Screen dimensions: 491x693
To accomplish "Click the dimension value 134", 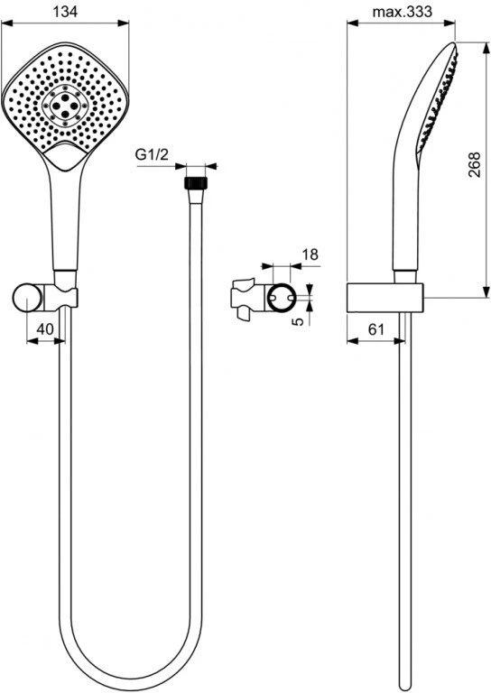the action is (x=65, y=12).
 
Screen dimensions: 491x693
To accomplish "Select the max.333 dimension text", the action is (x=403, y=12).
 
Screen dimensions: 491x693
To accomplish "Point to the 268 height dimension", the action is (x=474, y=165).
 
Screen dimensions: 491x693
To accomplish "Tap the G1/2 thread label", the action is (x=152, y=154).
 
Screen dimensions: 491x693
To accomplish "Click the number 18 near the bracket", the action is (x=310, y=254).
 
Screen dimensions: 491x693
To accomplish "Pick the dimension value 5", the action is (x=299, y=320).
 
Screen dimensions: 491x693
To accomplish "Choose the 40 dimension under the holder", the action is (x=44, y=328).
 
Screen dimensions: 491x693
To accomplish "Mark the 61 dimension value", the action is (x=375, y=328).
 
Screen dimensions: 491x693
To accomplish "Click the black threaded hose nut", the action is (x=195, y=183).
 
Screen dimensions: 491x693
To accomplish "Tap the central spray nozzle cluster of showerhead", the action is (x=65, y=105).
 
